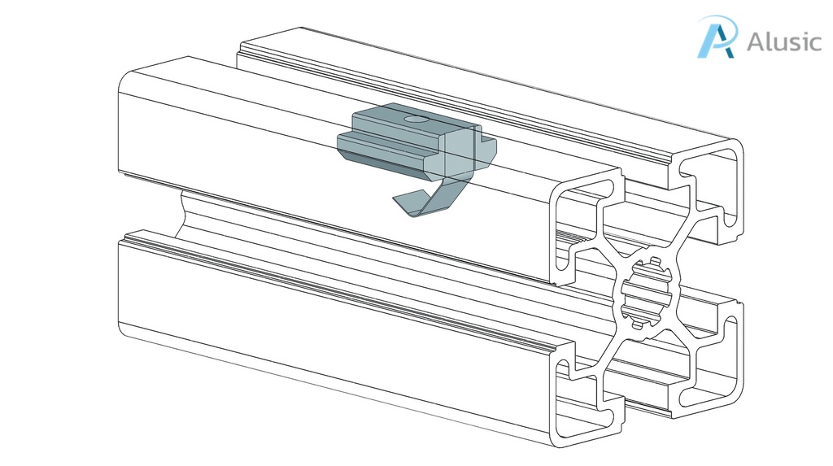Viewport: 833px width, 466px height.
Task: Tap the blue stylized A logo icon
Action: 717,37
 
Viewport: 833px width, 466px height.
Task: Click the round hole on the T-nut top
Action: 416,119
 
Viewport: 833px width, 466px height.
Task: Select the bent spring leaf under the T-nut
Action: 440,199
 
